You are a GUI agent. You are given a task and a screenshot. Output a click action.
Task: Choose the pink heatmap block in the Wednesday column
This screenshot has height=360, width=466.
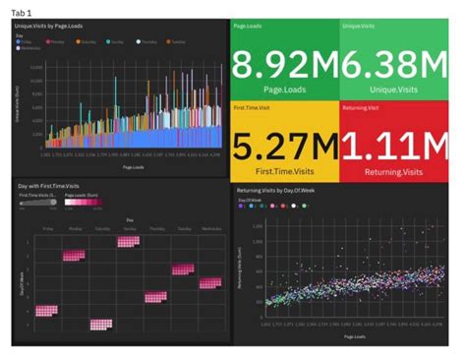pyautogui.click(x=209, y=283)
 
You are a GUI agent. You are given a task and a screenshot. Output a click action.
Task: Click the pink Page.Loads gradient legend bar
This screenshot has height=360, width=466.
pyautogui.click(x=83, y=206)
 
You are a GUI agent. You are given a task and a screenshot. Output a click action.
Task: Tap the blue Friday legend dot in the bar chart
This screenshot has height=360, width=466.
pyautogui.click(x=21, y=43)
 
